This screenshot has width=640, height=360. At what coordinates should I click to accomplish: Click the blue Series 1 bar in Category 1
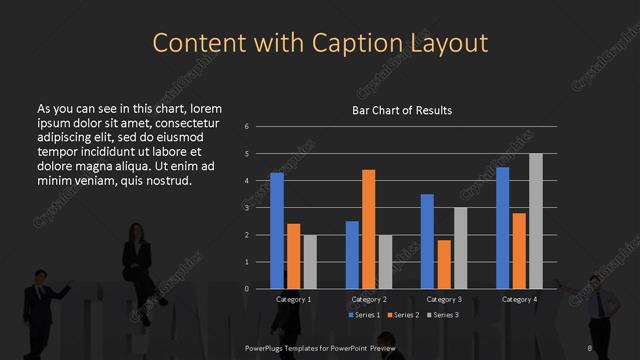coord(277,231)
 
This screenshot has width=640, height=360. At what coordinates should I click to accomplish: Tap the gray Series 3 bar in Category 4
coord(535,221)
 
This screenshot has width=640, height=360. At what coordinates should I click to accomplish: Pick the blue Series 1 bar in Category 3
coord(427,241)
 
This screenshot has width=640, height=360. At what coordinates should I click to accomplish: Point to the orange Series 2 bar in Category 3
coord(443,264)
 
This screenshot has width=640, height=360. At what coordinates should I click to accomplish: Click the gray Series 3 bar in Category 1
coord(309,262)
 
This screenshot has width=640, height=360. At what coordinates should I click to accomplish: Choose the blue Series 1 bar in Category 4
coord(502,228)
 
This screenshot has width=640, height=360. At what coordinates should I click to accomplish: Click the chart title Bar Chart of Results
coord(403,110)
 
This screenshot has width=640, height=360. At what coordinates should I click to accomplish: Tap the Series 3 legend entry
coord(444,315)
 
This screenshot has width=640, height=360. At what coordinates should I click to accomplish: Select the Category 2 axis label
coord(369,299)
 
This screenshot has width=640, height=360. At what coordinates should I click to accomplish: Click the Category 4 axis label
coord(518,299)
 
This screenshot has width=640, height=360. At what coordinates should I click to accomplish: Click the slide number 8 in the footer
coord(591,347)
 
